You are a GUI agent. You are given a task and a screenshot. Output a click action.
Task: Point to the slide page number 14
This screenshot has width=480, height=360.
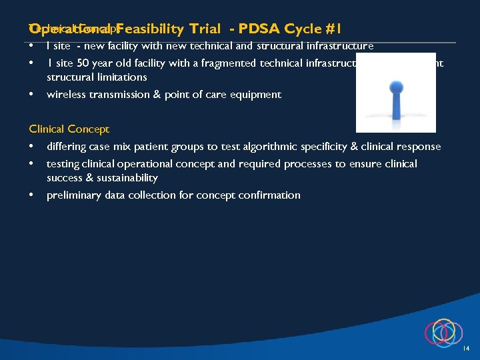tap(466, 349)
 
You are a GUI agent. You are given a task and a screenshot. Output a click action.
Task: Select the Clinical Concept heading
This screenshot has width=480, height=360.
tap(69, 129)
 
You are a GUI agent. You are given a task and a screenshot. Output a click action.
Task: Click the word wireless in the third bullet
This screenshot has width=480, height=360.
tap(65, 95)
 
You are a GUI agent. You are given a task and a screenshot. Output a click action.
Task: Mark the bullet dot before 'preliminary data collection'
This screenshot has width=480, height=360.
tap(32, 195)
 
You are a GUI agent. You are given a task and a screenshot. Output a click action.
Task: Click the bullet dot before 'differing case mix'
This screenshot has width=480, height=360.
tap(32, 146)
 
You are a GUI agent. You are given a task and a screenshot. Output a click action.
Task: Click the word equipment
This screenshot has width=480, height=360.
tap(256, 95)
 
